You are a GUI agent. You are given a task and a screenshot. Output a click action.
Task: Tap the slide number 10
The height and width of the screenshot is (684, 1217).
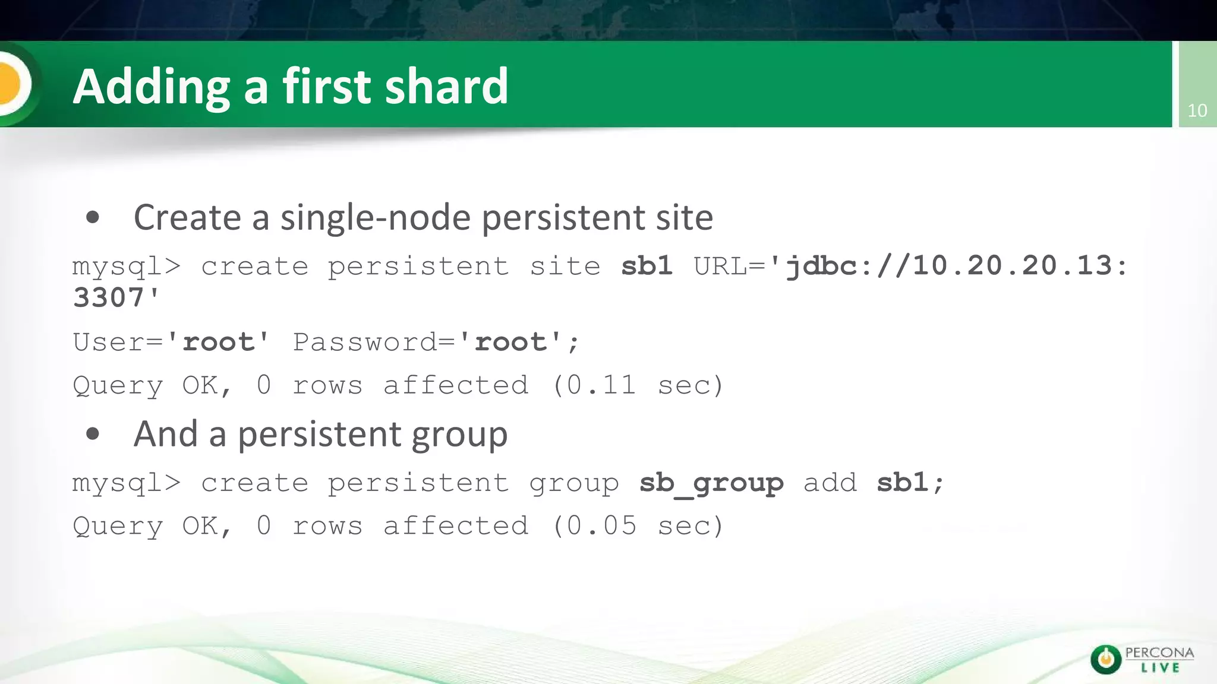coord(1197,110)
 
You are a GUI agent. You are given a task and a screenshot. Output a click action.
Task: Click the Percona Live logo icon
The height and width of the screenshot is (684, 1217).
coord(1106,660)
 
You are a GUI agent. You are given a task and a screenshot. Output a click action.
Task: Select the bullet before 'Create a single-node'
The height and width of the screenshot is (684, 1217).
coord(92,217)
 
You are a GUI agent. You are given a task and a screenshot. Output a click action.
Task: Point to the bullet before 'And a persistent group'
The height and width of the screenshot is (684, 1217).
coord(92,434)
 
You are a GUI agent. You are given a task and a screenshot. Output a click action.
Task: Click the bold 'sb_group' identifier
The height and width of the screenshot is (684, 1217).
coord(711,483)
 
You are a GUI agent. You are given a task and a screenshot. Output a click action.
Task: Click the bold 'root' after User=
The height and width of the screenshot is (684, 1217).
coord(218,342)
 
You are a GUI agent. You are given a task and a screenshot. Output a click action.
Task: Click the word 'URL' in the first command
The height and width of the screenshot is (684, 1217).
coord(720,266)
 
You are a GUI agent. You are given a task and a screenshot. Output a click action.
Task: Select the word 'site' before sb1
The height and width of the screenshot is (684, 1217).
coord(565,266)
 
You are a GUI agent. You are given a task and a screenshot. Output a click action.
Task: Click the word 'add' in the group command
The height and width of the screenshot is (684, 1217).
coord(830,483)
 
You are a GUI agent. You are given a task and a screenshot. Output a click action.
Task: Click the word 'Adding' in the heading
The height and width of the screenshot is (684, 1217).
coord(151,87)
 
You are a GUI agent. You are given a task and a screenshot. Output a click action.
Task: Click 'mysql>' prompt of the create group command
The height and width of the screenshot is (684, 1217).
coord(126,483)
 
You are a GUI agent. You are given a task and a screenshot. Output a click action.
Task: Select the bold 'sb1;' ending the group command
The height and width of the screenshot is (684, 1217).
coord(910,483)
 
